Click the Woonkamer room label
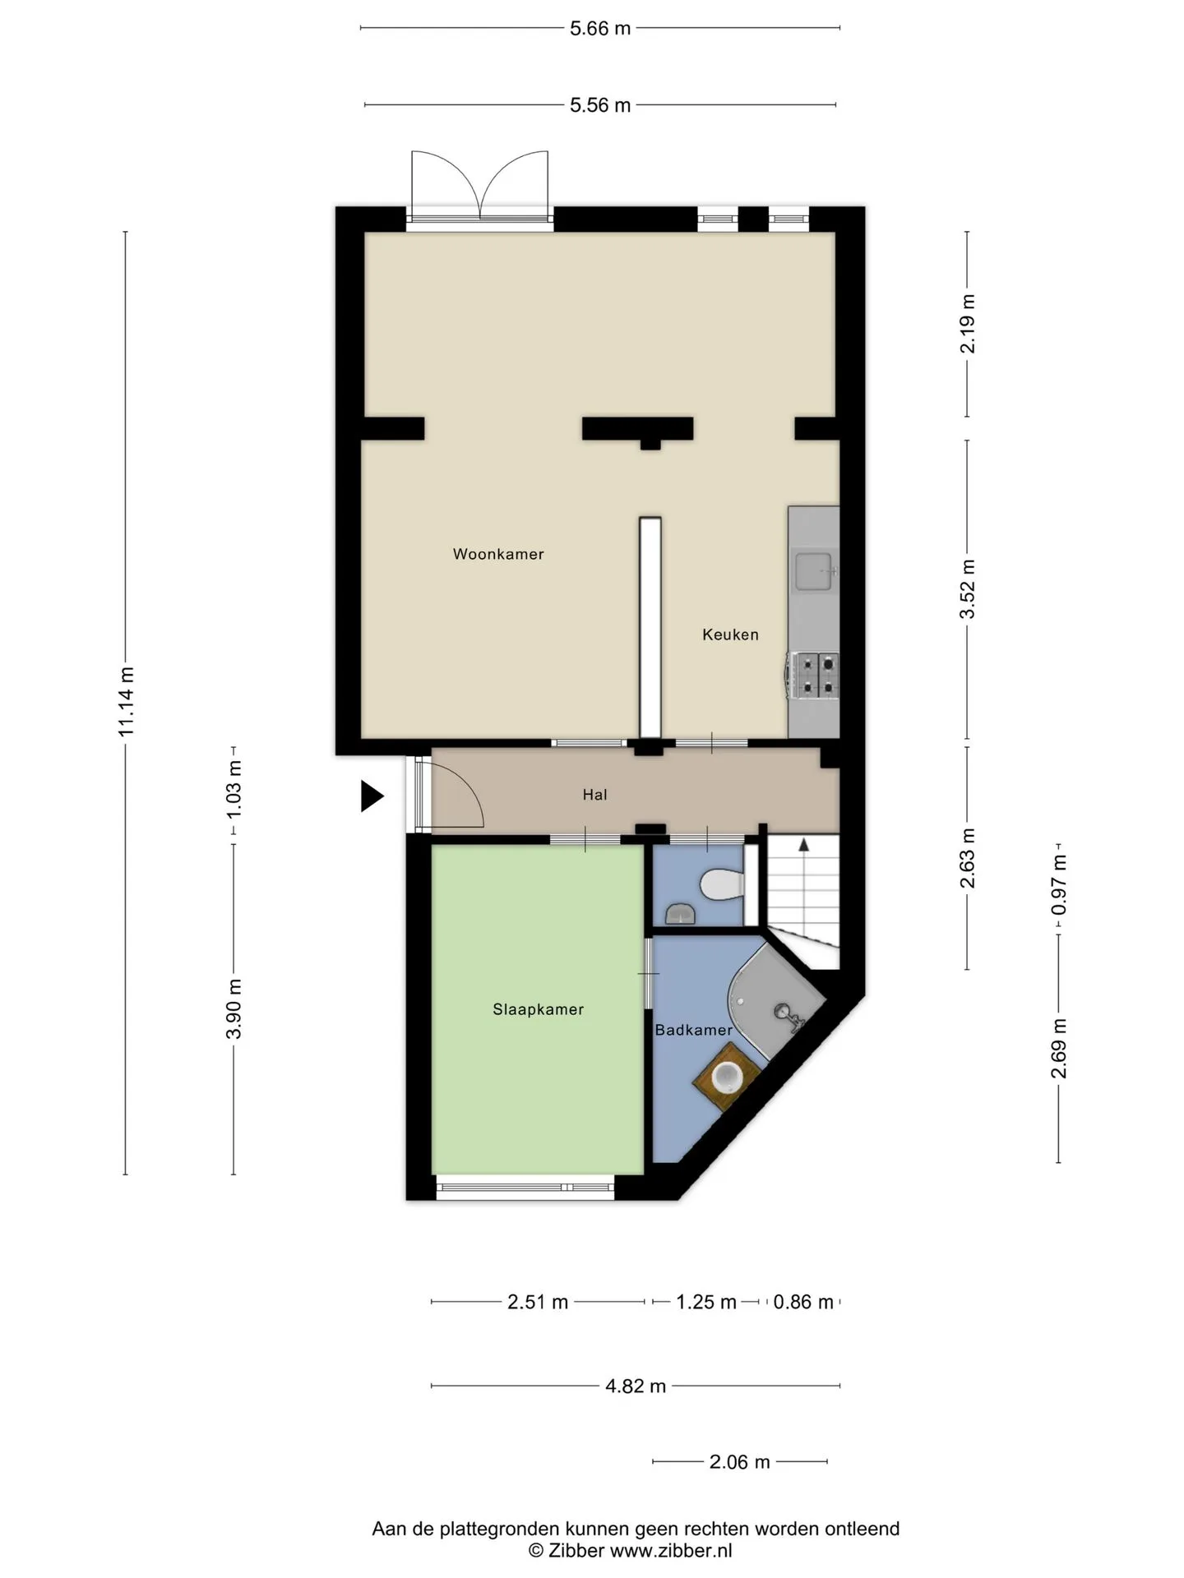pos(498,554)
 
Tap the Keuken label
pos(730,634)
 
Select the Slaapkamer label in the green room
pos(539,1009)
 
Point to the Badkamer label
pos(693,1030)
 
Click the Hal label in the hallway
pos(594,795)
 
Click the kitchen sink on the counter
pos(814,572)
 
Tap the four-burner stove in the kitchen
pos(813,675)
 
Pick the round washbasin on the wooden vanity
pos(728,1077)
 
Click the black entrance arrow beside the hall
pos(372,796)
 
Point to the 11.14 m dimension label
pos(126,701)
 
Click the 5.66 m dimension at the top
pos(600,29)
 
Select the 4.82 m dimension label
pos(636,1387)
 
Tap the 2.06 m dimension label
pos(740,1462)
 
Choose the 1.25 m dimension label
pos(706,1302)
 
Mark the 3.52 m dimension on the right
pos(968,589)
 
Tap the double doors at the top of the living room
pos(480,187)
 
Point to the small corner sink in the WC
pos(680,913)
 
